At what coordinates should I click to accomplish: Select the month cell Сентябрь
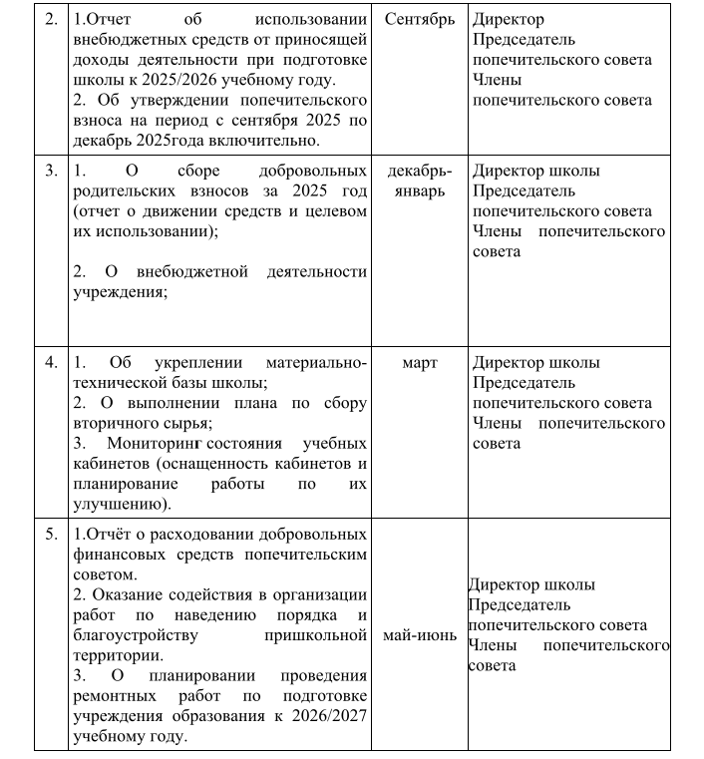point(419,20)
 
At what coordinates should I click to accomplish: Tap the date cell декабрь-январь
point(419,181)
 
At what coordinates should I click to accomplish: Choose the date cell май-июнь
point(419,634)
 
